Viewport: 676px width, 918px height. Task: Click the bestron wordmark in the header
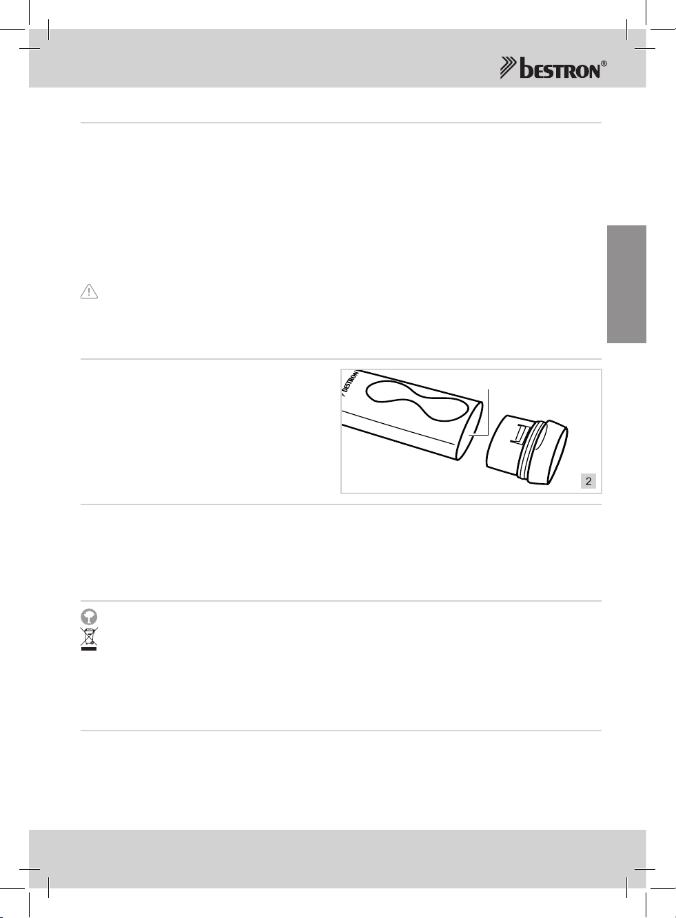pos(560,68)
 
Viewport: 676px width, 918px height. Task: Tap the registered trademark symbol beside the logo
pos(604,64)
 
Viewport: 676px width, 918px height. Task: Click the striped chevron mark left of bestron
pos(509,68)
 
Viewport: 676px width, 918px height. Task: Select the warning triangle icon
pos(89,292)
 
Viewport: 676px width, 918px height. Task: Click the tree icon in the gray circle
pos(89,617)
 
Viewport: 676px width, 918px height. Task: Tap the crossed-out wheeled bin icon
pos(89,636)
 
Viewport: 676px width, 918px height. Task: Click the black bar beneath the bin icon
pos(89,649)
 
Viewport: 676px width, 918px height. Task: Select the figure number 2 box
pos(588,481)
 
